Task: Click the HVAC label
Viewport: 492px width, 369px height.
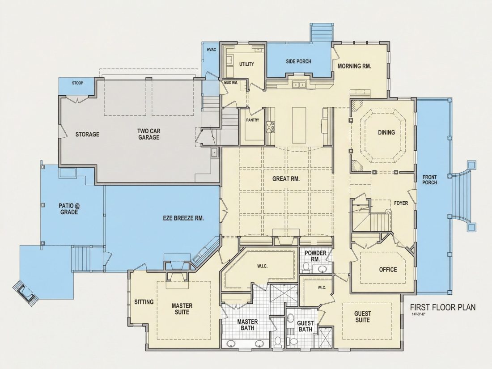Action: tap(212, 50)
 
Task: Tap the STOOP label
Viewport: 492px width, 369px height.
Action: tap(77, 83)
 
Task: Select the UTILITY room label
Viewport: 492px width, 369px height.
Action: tap(246, 64)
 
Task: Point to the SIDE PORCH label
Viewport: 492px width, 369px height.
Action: tap(299, 62)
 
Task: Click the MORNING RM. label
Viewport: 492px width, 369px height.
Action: tap(355, 66)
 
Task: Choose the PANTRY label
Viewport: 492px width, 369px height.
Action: tap(253, 120)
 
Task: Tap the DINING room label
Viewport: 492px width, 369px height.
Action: tap(386, 132)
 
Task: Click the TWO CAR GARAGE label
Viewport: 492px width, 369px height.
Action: tap(149, 134)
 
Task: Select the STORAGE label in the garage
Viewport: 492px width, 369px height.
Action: tap(87, 134)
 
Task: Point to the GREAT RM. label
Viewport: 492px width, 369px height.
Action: tap(286, 179)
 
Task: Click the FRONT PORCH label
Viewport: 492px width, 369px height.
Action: tap(429, 180)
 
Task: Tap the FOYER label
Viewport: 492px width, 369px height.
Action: tap(401, 203)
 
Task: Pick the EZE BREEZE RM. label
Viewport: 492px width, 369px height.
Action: tap(183, 218)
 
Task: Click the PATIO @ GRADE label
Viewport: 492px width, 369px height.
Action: tap(69, 209)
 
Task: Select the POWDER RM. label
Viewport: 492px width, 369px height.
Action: tap(315, 256)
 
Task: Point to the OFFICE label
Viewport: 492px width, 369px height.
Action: tap(388, 270)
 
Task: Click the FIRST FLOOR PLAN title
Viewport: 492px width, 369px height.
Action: tap(443, 307)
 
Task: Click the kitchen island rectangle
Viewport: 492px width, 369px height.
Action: tap(299, 125)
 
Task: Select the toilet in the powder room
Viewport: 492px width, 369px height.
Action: tap(305, 267)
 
